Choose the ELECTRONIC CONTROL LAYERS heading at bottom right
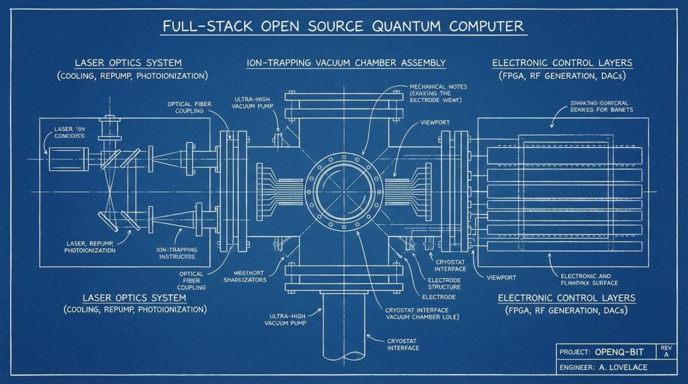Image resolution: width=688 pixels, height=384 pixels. (566, 297)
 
